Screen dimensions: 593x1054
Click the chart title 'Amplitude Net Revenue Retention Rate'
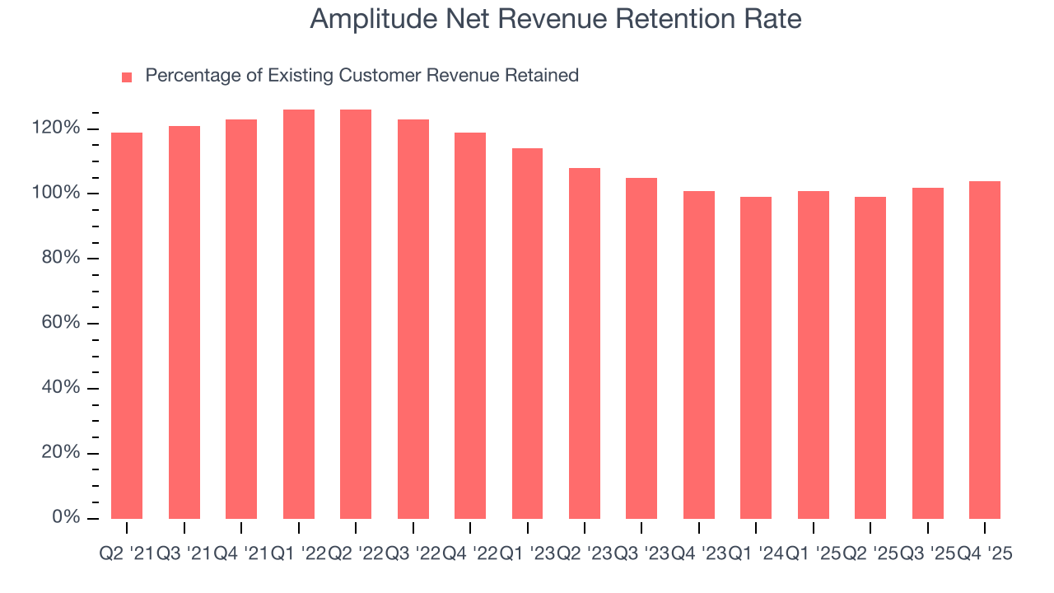(x=556, y=19)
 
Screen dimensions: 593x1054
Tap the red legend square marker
(x=127, y=77)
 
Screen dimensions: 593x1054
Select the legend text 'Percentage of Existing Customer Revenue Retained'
(x=361, y=76)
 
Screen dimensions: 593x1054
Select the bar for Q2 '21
(x=127, y=325)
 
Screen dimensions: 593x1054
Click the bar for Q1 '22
(x=299, y=314)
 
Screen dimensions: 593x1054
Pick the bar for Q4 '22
(x=470, y=325)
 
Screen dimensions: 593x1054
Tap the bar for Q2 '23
(x=585, y=343)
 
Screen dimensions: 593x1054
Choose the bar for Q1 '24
(x=756, y=357)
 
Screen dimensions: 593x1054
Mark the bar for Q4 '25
(x=985, y=349)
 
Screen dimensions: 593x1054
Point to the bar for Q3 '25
(x=927, y=353)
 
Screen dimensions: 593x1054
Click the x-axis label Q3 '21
(x=184, y=554)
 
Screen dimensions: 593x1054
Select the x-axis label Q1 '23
(x=527, y=554)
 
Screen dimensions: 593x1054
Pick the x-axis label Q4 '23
(x=698, y=554)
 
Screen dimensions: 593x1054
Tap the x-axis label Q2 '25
(x=870, y=554)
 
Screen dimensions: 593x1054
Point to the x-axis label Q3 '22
(x=413, y=554)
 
